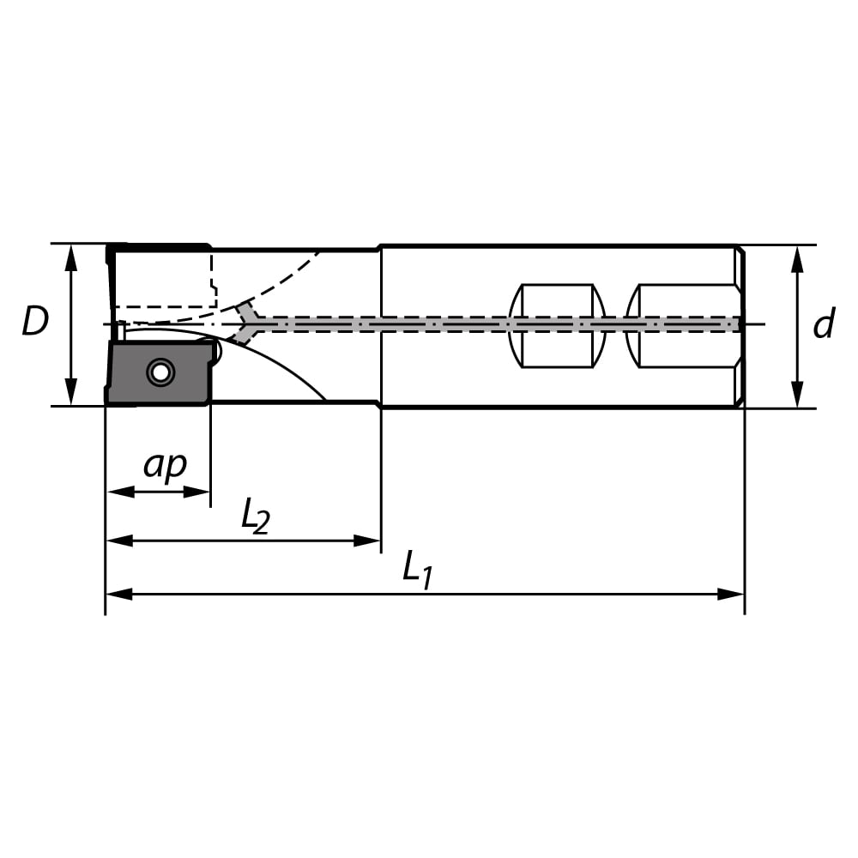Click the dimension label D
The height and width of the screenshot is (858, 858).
coord(35,321)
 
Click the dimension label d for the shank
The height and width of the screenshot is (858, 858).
coord(824,323)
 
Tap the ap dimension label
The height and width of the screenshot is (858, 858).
coord(165,466)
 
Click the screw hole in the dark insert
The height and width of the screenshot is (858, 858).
coord(160,373)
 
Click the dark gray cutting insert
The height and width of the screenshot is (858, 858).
coord(159,372)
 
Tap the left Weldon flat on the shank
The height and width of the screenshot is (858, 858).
coord(557,326)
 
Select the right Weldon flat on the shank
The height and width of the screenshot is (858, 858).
coord(683,326)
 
